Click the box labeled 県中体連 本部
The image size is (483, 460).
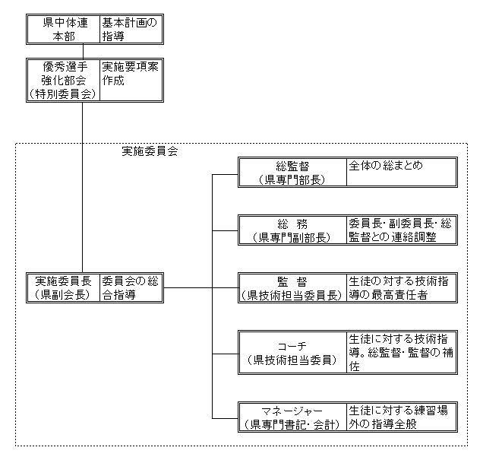pos(63,29)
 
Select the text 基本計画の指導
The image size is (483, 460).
pos(131,29)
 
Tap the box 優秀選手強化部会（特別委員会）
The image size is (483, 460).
pos(63,81)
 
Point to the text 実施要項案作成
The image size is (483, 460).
pos(131,73)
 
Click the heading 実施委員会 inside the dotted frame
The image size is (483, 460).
pos(150,151)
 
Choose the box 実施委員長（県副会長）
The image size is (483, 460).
pos(63,288)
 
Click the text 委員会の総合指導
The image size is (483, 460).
pos(131,288)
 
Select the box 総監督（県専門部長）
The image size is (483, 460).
pos(292,173)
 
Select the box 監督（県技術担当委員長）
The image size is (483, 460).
pos(292,288)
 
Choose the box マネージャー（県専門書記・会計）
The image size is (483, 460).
pos(292,417)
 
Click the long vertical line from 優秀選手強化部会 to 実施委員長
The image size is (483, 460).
pos(82,190)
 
